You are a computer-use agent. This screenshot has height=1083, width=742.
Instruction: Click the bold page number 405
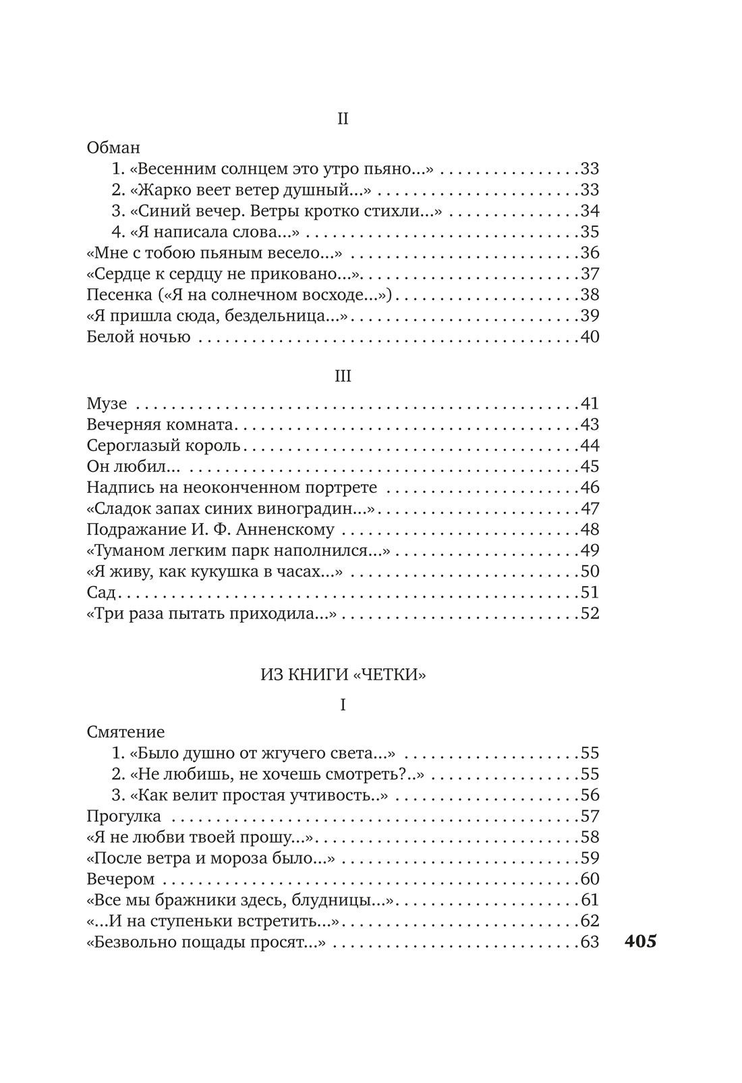[640, 942]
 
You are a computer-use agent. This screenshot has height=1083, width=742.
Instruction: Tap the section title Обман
[113, 147]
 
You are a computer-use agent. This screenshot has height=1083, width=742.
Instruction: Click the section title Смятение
[125, 731]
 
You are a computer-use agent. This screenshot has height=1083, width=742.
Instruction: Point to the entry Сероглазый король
[163, 446]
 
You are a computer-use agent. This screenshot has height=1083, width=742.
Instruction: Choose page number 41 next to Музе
[590, 404]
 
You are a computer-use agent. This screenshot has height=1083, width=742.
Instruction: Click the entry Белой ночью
[138, 336]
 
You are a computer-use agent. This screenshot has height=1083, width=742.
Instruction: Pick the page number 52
[590, 613]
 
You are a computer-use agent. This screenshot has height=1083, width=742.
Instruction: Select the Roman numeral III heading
[343, 376]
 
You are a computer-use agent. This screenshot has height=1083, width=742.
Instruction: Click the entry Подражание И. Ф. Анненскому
[210, 529]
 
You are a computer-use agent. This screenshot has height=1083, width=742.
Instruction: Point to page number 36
[590, 253]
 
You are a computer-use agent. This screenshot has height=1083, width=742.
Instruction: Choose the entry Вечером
[121, 878]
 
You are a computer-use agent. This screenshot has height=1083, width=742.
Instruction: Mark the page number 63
[590, 941]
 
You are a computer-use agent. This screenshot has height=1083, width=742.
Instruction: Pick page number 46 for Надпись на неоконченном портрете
[590, 487]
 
